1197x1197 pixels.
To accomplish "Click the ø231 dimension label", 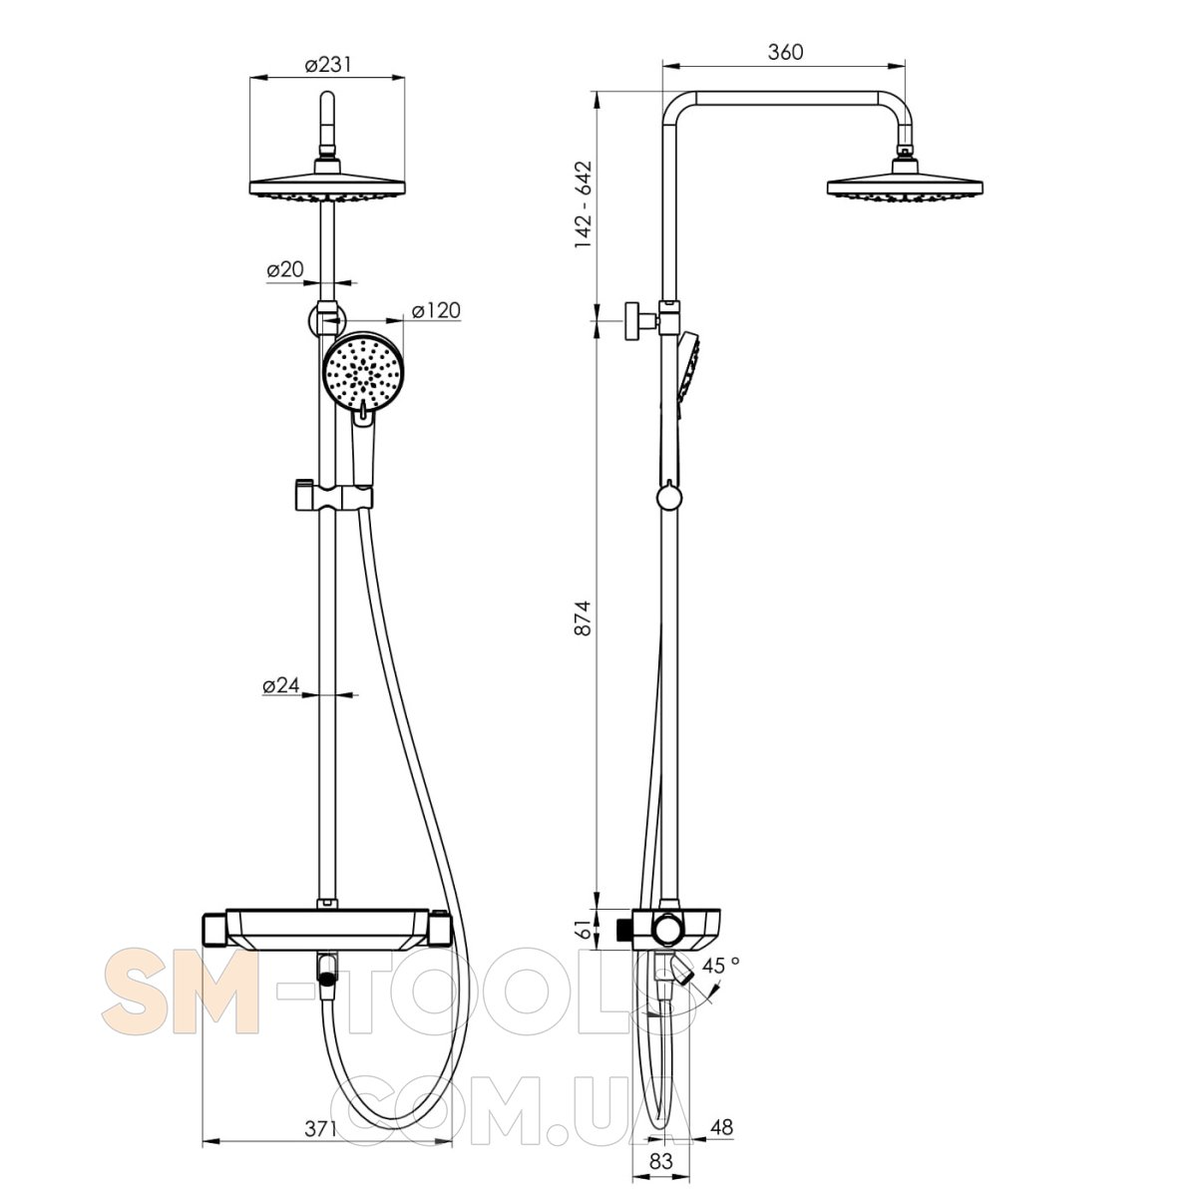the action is pos(327,65).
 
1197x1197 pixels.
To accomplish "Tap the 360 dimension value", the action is pos(785,52).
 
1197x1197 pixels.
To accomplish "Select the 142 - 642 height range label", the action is pos(584,204).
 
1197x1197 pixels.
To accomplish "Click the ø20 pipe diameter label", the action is pos(285,269).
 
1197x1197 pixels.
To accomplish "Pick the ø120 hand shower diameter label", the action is pos(436,310).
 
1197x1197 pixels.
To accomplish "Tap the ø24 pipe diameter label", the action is pos(280,685).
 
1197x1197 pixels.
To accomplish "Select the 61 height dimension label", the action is pos(584,930).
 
